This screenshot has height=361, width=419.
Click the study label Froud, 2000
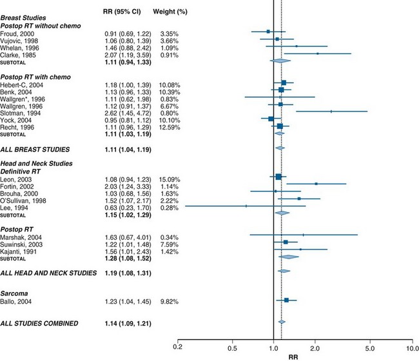[19, 32]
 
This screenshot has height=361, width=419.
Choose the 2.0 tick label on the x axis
[315, 346]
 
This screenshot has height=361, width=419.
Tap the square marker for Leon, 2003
[278, 177]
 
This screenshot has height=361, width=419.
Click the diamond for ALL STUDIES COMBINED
[281, 322]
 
